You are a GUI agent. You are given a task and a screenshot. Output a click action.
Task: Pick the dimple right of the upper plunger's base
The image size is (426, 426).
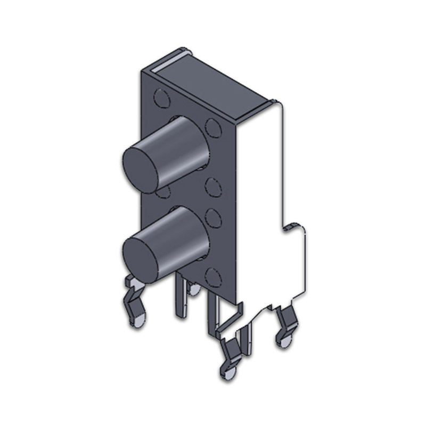click(214, 128)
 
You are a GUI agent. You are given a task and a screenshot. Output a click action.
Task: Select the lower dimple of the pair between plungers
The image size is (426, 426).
click(213, 217)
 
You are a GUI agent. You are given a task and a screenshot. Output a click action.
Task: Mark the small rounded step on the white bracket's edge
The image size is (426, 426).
click(290, 227)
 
